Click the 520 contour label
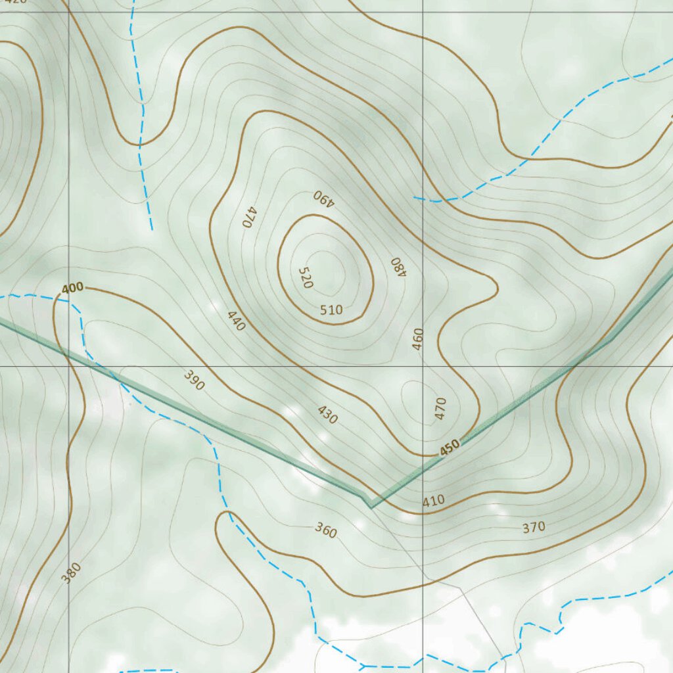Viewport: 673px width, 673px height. click(305, 277)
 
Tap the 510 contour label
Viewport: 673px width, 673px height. click(331, 310)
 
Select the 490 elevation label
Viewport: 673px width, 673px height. click(324, 198)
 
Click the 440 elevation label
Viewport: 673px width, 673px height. click(236, 320)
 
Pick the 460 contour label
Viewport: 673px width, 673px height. click(418, 338)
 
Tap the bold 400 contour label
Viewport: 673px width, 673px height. click(73, 288)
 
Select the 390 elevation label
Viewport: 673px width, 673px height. click(194, 381)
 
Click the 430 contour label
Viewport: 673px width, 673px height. click(327, 415)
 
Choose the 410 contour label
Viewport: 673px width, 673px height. click(433, 501)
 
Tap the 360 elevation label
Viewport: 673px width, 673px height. click(325, 530)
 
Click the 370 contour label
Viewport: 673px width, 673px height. click(534, 526)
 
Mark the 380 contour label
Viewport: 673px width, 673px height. click(71, 572)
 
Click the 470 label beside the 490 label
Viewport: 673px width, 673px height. click(248, 217)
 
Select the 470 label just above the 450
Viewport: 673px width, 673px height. click(440, 408)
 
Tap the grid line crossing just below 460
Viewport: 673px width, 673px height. click(423, 366)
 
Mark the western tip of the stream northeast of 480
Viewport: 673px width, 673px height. click(414, 197)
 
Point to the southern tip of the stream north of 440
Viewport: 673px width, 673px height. click(152, 229)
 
